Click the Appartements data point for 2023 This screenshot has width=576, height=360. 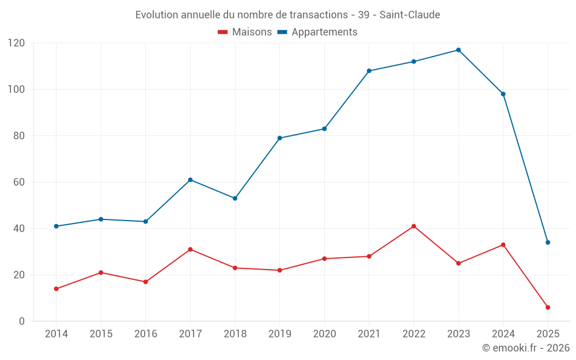(458, 50)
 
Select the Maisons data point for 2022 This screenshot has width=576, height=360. (414, 226)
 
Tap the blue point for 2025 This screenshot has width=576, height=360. (548, 242)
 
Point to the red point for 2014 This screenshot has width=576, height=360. (56, 289)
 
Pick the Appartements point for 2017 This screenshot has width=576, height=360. (190, 180)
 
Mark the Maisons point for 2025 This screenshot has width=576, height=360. (548, 307)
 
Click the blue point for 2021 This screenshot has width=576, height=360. (369, 71)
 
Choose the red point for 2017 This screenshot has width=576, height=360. (190, 249)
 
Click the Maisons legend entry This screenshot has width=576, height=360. (245, 32)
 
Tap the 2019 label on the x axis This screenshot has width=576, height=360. (279, 334)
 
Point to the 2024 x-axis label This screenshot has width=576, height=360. (503, 334)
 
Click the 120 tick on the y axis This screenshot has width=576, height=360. (16, 43)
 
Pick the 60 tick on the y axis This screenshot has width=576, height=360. (18, 182)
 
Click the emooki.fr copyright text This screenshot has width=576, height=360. (526, 348)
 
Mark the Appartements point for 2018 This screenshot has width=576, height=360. (235, 198)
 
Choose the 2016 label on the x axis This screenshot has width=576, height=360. (145, 334)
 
